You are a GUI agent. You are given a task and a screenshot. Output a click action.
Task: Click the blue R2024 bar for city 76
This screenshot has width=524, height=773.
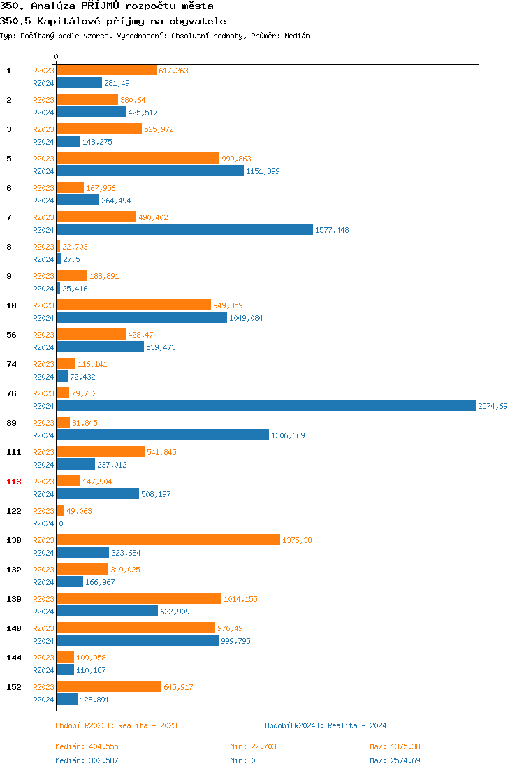pyautogui.click(x=265, y=406)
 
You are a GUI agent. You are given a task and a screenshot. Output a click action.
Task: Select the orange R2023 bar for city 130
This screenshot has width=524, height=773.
pyautogui.click(x=168, y=540)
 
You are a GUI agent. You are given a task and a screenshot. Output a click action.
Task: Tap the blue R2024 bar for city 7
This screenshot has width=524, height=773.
pyautogui.click(x=184, y=230)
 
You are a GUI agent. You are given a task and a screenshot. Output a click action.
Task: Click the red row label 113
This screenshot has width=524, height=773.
pyautogui.click(x=14, y=482)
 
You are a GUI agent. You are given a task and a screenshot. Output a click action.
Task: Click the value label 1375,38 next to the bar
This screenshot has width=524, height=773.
pyautogui.click(x=297, y=540)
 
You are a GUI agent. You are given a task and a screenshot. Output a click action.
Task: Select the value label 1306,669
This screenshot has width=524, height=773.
pyautogui.click(x=288, y=435)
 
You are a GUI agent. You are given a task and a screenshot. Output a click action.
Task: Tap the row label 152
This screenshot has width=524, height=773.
pyautogui.click(x=14, y=687)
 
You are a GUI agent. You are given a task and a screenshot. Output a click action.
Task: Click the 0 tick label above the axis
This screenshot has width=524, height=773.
pyautogui.click(x=57, y=57)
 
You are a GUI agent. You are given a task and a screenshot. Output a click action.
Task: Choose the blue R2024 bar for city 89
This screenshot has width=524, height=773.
pyautogui.click(x=162, y=435)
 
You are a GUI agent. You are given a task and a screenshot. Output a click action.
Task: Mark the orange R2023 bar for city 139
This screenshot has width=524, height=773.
pyautogui.click(x=138, y=599)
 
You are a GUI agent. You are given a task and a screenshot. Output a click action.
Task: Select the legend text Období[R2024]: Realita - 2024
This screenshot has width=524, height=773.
pyautogui.click(x=326, y=725)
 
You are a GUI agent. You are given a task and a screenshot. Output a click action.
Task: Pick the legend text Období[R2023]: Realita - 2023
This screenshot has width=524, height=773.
pyautogui.click(x=116, y=725)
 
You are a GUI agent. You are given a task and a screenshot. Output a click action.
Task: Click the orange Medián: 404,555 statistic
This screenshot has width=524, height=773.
pyautogui.click(x=87, y=746)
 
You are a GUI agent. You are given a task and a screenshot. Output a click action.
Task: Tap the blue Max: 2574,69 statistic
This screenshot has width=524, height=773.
pyautogui.click(x=395, y=760)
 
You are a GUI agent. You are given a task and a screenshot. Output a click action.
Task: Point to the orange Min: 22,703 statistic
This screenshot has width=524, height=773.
pyautogui.click(x=253, y=746)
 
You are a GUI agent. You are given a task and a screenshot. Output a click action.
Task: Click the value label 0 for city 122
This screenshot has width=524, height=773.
pyautogui.click(x=61, y=523)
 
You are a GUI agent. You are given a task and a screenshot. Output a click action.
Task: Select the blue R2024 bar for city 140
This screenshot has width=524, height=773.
pyautogui.click(x=137, y=641)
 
